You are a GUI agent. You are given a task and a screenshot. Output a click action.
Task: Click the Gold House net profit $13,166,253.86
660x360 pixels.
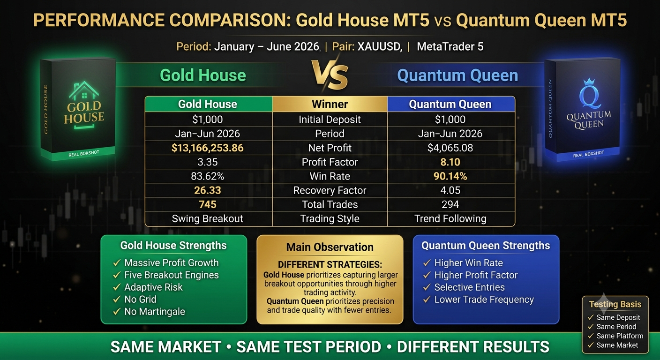coord(208,148)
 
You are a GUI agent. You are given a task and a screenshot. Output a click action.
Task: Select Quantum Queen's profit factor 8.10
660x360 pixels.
coord(450,162)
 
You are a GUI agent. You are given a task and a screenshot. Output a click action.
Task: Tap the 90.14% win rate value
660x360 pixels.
coord(450,176)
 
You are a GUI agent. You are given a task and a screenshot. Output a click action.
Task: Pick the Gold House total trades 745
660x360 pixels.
coord(208,204)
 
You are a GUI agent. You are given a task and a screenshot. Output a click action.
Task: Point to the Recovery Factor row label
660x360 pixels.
coord(330,190)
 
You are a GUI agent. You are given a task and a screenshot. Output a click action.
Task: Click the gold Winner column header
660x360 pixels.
coord(330,104)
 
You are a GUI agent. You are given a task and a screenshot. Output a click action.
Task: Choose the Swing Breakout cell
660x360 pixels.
coord(208,218)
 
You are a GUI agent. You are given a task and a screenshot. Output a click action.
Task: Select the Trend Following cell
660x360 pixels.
coord(450,218)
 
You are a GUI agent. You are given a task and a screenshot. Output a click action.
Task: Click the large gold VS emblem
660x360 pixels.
coord(330,75)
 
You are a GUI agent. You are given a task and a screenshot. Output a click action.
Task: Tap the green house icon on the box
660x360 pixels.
coord(84,90)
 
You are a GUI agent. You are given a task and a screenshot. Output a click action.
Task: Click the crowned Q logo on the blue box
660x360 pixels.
coord(590,94)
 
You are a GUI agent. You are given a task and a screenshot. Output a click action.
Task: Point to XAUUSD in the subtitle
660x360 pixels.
coord(380,46)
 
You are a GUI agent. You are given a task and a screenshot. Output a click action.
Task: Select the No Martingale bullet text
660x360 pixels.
coord(155,311)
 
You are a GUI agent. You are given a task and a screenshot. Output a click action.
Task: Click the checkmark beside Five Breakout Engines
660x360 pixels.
coord(117,275)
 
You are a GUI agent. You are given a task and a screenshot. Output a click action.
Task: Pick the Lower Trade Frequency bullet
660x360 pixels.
coord(484,300)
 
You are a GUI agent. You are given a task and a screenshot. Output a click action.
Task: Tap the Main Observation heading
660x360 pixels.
coord(330,247)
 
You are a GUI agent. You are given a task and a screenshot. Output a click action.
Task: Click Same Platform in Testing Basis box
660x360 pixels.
coord(620,336)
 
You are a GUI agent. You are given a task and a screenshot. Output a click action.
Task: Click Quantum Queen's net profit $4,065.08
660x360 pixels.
coord(450,148)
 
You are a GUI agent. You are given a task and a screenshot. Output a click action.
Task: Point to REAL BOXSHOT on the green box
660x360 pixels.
coord(84,153)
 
